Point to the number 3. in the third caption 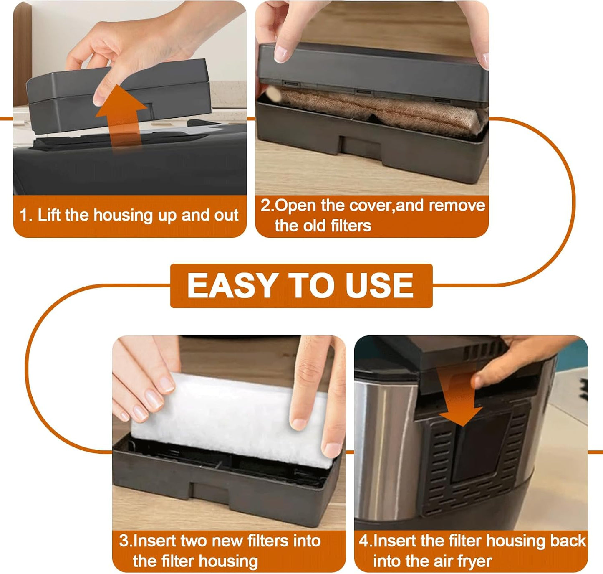pos(125,541)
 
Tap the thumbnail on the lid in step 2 pos(281,53)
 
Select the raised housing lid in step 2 pos(371,71)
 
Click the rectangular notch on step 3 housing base pos(209,493)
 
